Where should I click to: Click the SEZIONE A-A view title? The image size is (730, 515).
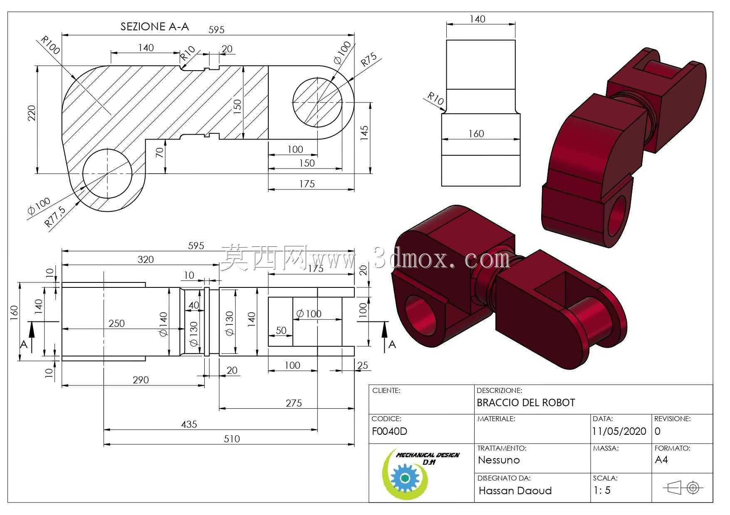(155, 27)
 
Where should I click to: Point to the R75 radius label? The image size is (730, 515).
(368, 59)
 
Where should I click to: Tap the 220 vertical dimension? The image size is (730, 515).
(32, 113)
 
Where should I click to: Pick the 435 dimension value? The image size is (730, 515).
(189, 424)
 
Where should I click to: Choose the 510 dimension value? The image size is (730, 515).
(232, 439)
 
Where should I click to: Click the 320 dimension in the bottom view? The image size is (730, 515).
(146, 260)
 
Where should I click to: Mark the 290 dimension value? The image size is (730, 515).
(141, 380)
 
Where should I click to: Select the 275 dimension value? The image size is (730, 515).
(294, 403)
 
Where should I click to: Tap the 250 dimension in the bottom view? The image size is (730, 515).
(116, 323)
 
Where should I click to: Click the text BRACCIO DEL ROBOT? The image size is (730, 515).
(526, 402)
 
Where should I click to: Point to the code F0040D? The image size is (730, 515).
(389, 431)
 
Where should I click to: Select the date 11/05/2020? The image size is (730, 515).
(619, 431)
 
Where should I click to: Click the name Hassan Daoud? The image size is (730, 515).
(515, 490)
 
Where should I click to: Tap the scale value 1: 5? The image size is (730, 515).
(602, 490)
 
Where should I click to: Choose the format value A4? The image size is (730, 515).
(661, 459)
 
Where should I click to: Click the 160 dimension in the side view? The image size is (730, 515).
(476, 133)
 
